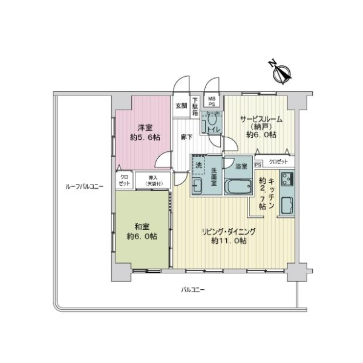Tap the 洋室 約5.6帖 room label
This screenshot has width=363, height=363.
pos(144,132)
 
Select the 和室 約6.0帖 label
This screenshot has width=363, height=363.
pos(143,231)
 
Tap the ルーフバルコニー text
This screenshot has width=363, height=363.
pos(83,187)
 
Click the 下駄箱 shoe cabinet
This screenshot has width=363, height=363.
pos(195,107)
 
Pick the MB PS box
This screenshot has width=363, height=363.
pos(212,101)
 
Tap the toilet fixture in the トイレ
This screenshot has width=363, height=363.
pos(212,122)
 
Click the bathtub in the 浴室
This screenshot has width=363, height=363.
pos(237,185)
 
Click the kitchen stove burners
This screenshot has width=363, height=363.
pos(287,180)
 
